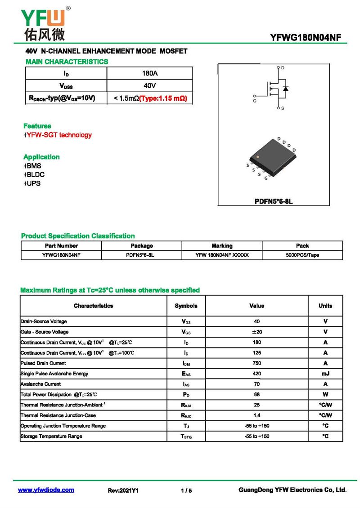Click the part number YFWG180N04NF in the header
(306, 37)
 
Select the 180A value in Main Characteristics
(149, 73)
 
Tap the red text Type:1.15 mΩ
(163, 98)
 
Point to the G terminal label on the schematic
(255, 102)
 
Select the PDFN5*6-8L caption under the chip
(274, 201)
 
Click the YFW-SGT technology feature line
(58, 135)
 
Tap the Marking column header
(222, 246)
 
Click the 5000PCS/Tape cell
(302, 255)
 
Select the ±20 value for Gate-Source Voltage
(256, 332)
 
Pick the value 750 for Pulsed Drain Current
(256, 363)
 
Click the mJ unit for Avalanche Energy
(325, 374)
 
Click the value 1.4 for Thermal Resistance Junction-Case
(256, 415)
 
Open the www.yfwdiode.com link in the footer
(46, 490)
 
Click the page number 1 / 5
(186, 490)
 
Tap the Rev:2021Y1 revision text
(123, 490)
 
